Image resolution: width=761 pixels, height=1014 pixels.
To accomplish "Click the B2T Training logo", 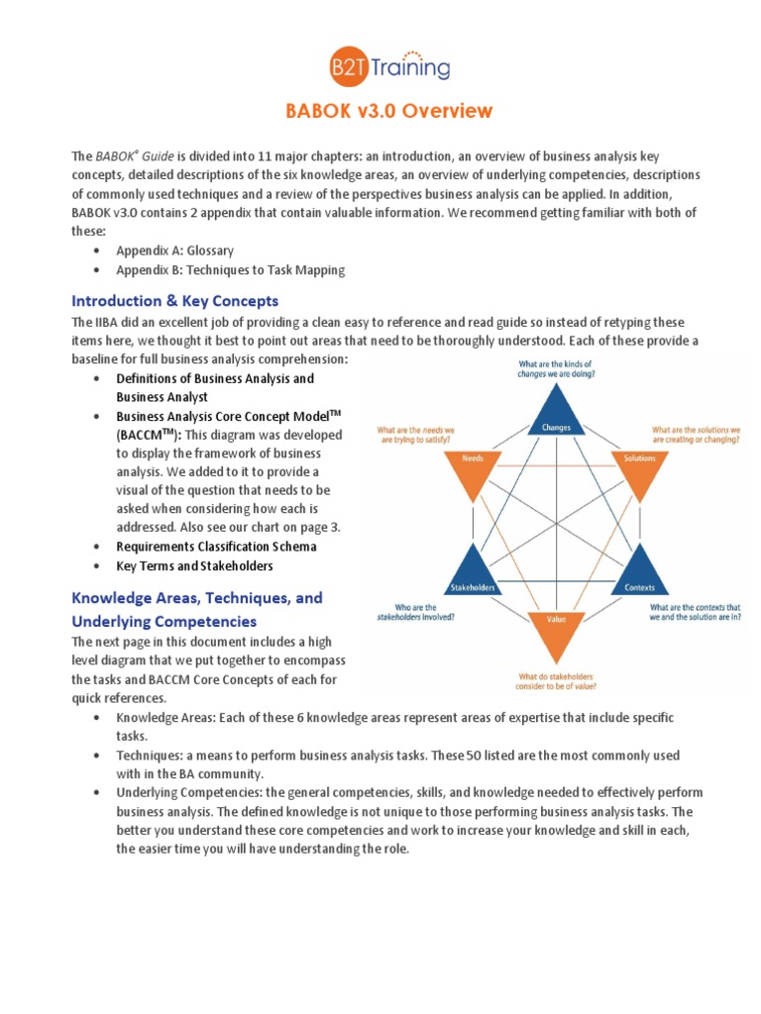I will pyautogui.click(x=389, y=65).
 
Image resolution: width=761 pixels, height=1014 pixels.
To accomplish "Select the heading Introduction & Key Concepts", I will pyautogui.click(x=174, y=300).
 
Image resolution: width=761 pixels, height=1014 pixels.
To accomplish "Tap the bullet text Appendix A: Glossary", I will pyautogui.click(x=174, y=251).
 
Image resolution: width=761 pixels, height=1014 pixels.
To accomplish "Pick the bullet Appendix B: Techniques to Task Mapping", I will pyautogui.click(x=230, y=270).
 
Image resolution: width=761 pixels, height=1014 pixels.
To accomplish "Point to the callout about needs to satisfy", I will pyautogui.click(x=417, y=437).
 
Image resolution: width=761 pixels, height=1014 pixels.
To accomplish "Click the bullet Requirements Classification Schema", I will pyautogui.click(x=216, y=547).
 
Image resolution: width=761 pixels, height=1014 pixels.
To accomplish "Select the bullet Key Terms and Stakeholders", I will pyautogui.click(x=194, y=566).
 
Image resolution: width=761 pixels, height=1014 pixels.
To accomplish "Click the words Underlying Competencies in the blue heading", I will pyautogui.click(x=163, y=621).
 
